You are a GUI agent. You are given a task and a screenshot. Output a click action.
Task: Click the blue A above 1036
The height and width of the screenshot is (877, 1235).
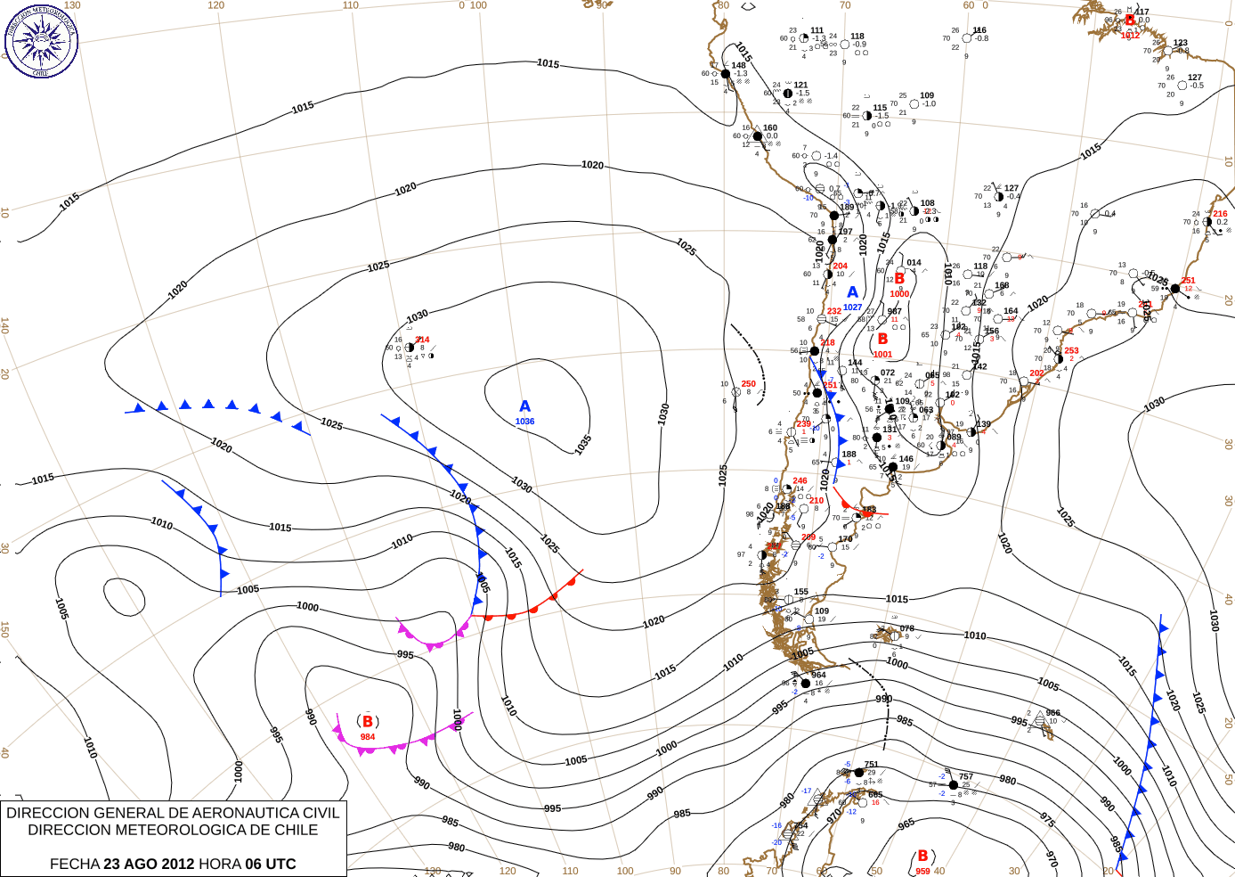click(x=525, y=407)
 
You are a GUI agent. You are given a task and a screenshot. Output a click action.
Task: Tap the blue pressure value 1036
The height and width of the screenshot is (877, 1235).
click(x=524, y=422)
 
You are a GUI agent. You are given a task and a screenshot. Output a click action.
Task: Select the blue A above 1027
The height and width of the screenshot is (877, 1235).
click(x=852, y=292)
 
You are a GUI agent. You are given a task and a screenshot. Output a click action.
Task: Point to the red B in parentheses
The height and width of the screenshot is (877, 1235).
click(x=367, y=722)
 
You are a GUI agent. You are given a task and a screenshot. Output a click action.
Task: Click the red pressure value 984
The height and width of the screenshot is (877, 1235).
click(x=368, y=737)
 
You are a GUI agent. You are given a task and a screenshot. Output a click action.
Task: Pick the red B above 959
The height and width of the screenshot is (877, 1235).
click(x=922, y=857)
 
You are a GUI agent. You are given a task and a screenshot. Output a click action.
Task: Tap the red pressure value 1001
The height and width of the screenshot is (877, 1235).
click(x=882, y=354)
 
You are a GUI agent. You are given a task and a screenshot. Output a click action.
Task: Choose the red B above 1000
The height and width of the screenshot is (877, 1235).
click(x=899, y=279)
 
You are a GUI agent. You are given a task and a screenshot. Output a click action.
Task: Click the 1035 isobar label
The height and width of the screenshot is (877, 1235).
click(x=583, y=444)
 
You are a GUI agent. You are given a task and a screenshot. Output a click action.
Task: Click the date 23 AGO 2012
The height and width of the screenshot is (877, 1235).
click(x=149, y=864)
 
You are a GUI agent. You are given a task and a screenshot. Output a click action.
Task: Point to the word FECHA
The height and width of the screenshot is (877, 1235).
click(x=74, y=864)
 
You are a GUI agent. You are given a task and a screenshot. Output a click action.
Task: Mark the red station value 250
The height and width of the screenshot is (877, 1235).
click(x=748, y=384)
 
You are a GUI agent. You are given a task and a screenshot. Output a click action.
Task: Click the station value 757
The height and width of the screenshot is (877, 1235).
click(x=966, y=776)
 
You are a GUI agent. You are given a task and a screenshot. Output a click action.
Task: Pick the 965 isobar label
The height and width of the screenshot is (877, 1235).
click(x=906, y=824)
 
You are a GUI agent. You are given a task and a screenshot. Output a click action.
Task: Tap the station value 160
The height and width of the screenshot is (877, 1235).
click(x=770, y=127)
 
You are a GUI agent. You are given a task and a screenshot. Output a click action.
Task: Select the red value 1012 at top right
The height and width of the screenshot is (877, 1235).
click(x=1130, y=36)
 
